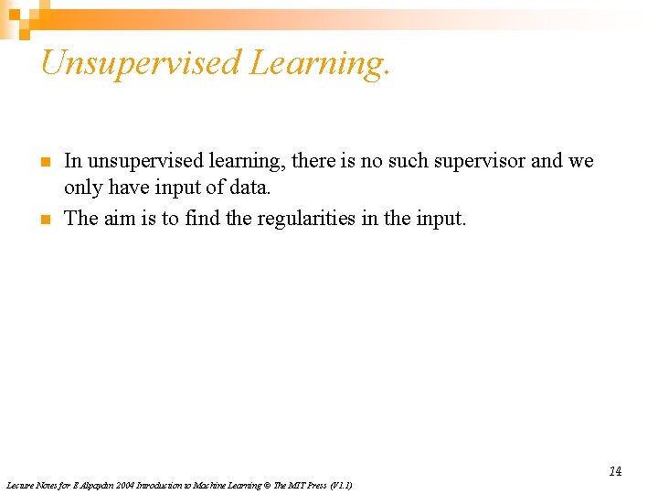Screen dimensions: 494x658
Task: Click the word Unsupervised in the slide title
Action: [140, 63]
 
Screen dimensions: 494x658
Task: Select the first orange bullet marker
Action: [44, 162]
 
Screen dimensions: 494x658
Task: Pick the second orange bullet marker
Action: [44, 219]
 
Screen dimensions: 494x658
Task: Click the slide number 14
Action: [615, 471]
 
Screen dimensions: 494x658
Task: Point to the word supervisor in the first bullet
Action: [481, 161]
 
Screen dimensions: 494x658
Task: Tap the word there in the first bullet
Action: [315, 161]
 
